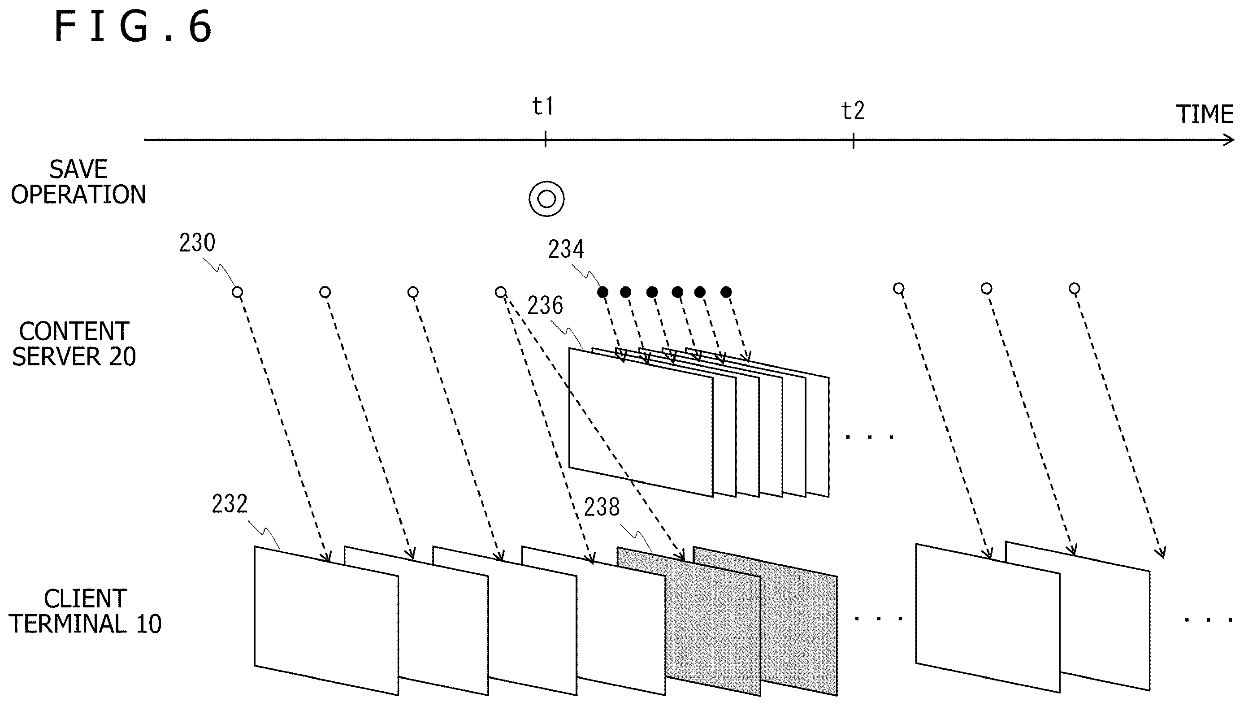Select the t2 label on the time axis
coord(853,111)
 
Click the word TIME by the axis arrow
coord(1205,114)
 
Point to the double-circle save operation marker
coord(546,199)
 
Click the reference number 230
coord(197,243)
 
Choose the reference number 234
coord(566,249)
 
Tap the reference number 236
coord(545,305)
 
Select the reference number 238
coord(602,507)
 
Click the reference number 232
coord(230,504)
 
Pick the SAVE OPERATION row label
coord(78,182)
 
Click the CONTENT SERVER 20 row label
coord(74,344)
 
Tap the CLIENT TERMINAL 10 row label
coord(85,611)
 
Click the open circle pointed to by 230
coord(237,292)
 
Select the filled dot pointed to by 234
coord(602,292)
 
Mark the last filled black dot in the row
coord(726,292)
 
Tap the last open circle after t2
coord(1074,289)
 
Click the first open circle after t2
coord(898,289)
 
